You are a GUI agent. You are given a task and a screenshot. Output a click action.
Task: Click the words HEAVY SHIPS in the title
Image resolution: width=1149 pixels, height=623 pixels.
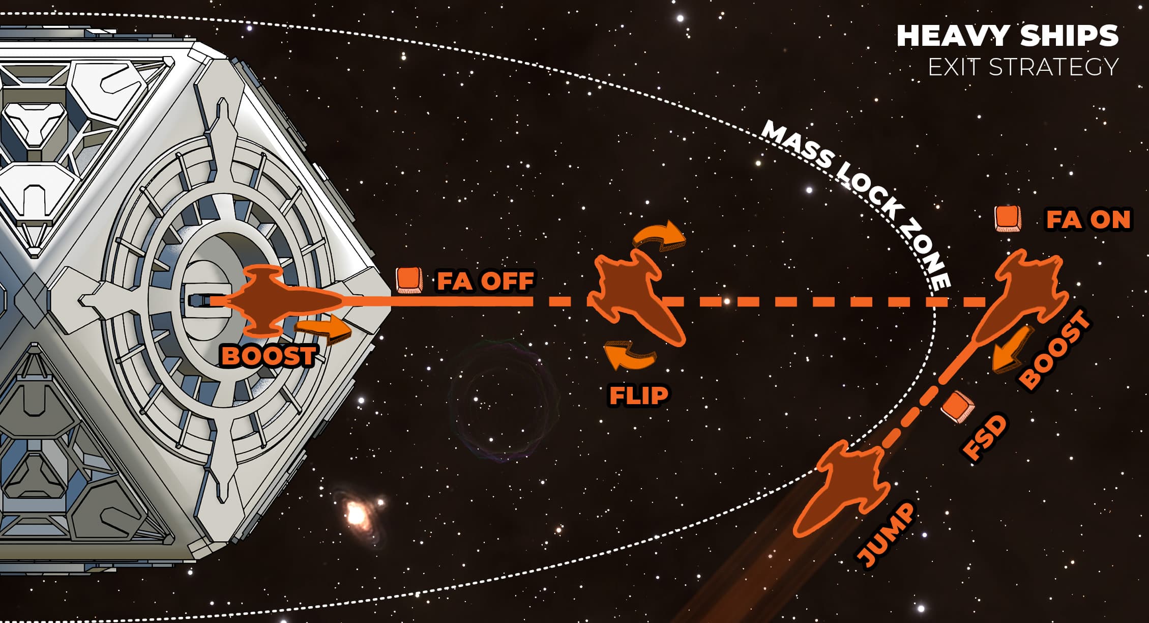tap(1007, 36)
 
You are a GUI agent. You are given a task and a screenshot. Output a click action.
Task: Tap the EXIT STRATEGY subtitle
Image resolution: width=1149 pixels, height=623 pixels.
tap(1023, 67)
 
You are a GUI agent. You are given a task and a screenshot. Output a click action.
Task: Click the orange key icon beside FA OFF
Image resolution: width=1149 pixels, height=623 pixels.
tap(409, 280)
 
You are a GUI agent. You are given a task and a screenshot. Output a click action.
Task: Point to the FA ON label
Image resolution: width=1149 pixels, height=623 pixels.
tap(1088, 220)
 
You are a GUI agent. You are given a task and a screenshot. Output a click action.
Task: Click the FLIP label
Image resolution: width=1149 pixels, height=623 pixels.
tap(638, 395)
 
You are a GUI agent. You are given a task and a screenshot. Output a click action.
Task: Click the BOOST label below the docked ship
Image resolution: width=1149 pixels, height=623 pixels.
tap(269, 356)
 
